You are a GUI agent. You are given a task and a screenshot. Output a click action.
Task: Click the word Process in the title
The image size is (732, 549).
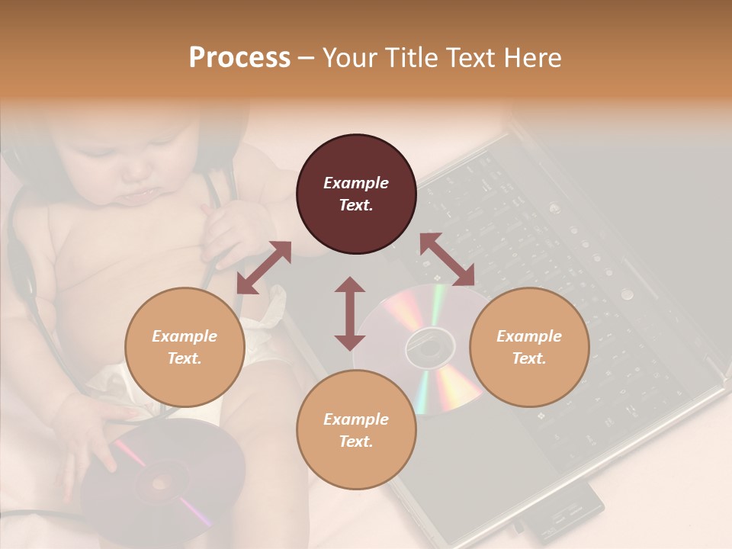[x=239, y=58]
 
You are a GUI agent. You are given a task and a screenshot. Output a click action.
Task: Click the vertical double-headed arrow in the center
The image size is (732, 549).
[x=350, y=313]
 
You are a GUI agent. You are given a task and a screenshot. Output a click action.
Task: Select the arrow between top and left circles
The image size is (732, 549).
[x=264, y=268]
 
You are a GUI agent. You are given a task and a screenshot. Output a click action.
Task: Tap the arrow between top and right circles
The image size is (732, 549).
[x=447, y=260]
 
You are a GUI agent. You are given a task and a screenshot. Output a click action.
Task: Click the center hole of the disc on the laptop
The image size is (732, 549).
[x=429, y=349]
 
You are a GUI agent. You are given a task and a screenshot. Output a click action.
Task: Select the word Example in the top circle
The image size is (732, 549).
[x=356, y=183]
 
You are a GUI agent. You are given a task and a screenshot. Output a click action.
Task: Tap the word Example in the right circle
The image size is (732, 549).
[x=529, y=336]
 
